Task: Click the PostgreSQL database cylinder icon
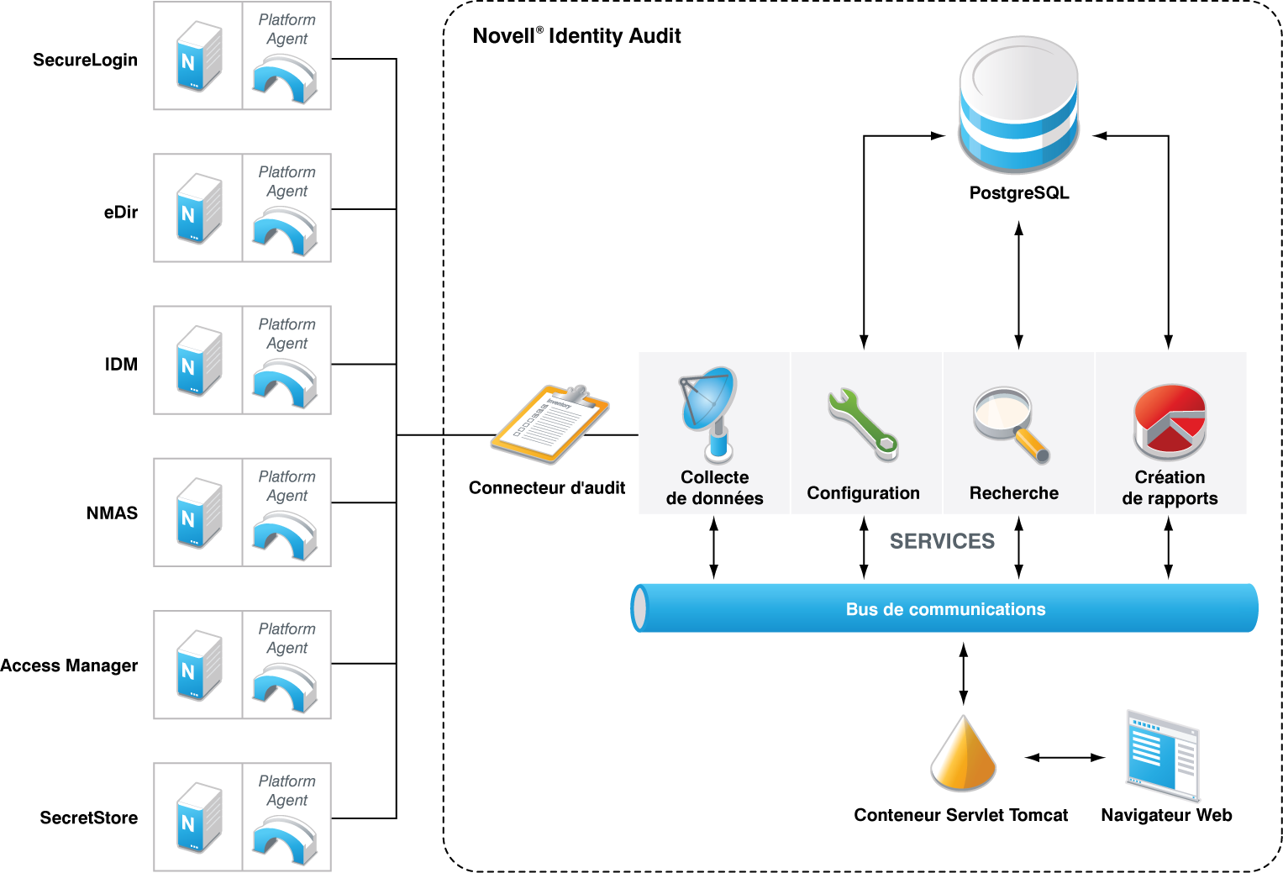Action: [1018, 104]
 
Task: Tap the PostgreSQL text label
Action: [1019, 193]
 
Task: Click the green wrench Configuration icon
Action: [863, 423]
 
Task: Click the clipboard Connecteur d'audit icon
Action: [549, 423]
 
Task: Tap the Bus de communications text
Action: [945, 609]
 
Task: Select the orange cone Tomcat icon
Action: [963, 754]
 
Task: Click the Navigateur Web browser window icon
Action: [1163, 755]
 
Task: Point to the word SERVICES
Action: [942, 542]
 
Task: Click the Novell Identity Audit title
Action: [576, 36]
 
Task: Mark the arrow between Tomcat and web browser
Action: [1065, 758]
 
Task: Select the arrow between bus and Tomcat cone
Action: [964, 673]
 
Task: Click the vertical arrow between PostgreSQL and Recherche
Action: [1019, 285]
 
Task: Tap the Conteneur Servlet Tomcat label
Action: [960, 815]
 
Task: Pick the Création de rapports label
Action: [1170, 488]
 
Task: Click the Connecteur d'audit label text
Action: [547, 488]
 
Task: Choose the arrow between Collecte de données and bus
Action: [714, 548]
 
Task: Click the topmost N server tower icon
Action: [199, 56]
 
